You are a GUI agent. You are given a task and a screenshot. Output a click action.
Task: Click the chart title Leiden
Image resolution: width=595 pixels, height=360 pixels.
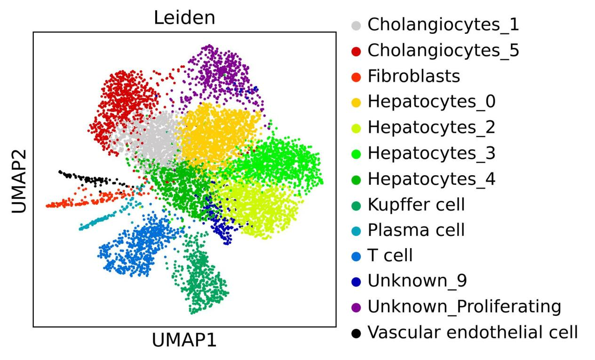coord(184,18)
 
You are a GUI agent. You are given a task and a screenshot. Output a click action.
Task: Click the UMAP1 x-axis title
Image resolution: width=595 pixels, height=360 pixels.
coord(184,340)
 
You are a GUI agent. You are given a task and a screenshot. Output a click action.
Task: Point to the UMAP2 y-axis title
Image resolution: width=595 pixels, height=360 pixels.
coord(19,181)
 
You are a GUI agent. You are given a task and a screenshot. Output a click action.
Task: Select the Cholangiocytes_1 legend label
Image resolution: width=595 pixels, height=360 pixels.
coord(443,24)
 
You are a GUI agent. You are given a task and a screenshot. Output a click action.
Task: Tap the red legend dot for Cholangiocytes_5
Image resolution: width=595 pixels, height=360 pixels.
coord(356,51)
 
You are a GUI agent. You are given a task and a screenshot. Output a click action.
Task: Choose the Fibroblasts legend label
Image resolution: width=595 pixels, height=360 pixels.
coord(413,76)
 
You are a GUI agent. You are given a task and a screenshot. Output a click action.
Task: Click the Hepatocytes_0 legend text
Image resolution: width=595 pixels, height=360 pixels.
coord(431,102)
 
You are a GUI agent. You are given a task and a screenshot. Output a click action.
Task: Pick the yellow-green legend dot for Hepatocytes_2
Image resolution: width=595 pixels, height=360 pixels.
coord(356,128)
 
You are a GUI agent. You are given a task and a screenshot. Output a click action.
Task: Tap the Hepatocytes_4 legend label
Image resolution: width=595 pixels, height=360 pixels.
coord(431,179)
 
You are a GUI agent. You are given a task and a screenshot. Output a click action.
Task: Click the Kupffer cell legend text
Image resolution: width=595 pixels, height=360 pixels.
coord(416,204)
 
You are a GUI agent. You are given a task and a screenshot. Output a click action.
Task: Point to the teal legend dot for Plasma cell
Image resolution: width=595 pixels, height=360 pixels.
coord(356,231)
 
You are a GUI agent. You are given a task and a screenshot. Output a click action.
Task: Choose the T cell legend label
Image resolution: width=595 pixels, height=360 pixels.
coord(390,255)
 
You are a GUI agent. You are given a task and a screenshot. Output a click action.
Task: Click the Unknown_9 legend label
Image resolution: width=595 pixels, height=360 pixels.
coord(417,281)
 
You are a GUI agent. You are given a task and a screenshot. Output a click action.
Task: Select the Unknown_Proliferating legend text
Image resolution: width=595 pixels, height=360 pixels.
coord(464,306)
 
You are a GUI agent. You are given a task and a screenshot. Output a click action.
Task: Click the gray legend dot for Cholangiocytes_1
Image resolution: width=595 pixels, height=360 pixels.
coord(356,26)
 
